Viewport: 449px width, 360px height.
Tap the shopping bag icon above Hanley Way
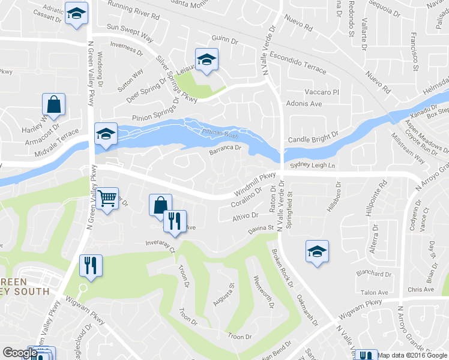tap(53, 104)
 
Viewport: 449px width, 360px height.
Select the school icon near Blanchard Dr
tap(316, 251)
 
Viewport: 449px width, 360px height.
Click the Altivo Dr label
tap(246, 215)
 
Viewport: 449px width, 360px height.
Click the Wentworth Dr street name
tap(264, 292)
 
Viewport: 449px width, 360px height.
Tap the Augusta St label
tap(223, 295)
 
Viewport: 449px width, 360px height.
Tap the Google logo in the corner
tap(20, 353)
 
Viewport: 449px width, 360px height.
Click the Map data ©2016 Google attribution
tap(412, 355)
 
